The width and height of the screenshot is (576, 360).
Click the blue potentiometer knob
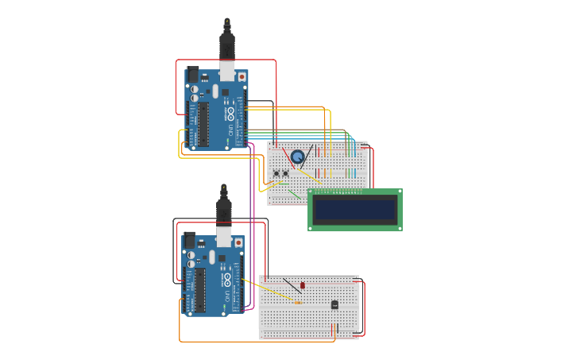coord(297,157)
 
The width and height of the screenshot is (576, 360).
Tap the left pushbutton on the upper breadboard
coord(276,173)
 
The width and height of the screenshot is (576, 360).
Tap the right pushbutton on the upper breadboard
coord(286,173)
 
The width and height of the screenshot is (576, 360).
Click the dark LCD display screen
coord(354,209)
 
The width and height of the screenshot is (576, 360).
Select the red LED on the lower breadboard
coord(303,285)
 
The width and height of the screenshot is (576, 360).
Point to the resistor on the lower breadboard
coord(298,303)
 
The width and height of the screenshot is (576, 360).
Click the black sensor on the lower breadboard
coord(334,304)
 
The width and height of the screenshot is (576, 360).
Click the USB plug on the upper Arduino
coord(227,52)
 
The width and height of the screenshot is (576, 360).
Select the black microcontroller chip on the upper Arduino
coord(203,124)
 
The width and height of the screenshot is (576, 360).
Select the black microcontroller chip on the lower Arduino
coord(200,289)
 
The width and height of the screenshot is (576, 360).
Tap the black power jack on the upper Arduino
coord(192,75)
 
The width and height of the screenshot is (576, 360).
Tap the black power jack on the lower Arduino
coord(189,241)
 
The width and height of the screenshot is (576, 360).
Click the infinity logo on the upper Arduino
coord(230,113)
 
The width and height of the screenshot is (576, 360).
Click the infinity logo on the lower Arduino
coord(227,279)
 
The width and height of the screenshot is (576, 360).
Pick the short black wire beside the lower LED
coord(292,285)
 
